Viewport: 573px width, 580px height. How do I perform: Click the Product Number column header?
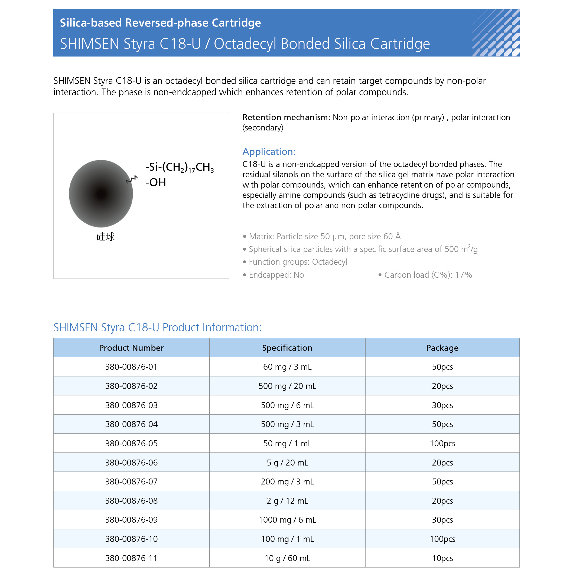tap(131, 348)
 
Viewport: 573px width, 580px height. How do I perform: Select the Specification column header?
tap(287, 348)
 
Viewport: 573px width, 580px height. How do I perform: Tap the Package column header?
tap(442, 348)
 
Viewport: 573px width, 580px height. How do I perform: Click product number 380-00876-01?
tap(131, 367)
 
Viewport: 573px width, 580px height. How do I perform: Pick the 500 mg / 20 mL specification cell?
tap(287, 386)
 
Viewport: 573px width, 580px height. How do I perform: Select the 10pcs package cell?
tap(442, 558)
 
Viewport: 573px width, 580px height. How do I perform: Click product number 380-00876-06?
tap(131, 463)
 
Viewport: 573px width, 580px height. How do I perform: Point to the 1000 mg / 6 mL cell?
tap(287, 520)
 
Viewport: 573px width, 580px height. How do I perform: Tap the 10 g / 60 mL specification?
tap(287, 558)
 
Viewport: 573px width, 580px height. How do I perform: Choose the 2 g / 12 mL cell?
tap(287, 501)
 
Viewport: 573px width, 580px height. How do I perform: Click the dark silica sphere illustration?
tap(101, 194)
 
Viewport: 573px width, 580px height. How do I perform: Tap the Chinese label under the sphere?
tap(105, 237)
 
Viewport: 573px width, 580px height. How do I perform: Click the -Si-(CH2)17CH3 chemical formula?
tap(180, 168)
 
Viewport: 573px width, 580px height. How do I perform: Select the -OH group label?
tap(156, 182)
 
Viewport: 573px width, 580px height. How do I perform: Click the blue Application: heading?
tap(269, 152)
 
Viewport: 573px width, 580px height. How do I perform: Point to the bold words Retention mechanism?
tap(286, 117)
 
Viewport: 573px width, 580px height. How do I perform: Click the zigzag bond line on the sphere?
tap(132, 179)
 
